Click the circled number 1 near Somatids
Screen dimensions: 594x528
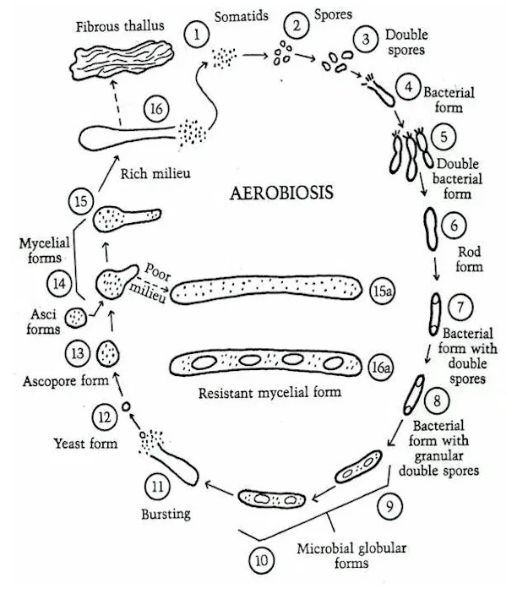(197, 35)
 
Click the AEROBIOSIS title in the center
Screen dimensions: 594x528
(281, 193)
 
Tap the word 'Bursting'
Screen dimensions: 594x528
(166, 513)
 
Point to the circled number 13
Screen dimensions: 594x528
(78, 352)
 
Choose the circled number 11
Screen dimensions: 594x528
(157, 486)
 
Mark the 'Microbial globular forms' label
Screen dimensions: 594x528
(351, 555)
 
